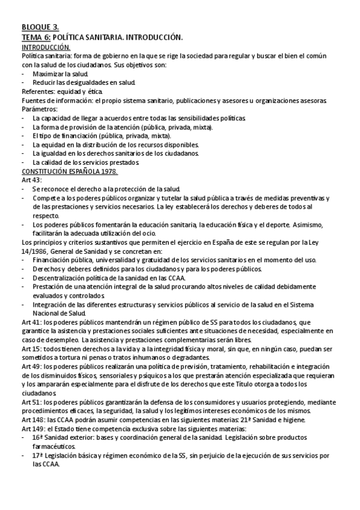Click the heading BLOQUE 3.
point(40,27)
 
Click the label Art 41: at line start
point(31,322)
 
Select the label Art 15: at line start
point(31,349)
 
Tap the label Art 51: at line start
point(31,401)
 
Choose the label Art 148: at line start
point(32,419)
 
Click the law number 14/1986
point(35,251)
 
